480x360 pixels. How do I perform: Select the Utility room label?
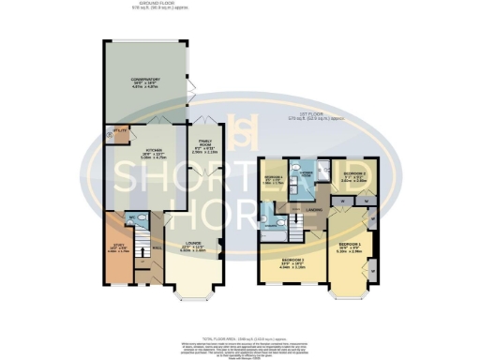pyautogui.click(x=119, y=130)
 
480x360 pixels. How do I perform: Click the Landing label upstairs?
pyautogui.click(x=314, y=210)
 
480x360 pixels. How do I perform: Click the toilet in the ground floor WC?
pyautogui.click(x=138, y=217)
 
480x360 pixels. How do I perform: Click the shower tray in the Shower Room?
pyautogui.click(x=322, y=167)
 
